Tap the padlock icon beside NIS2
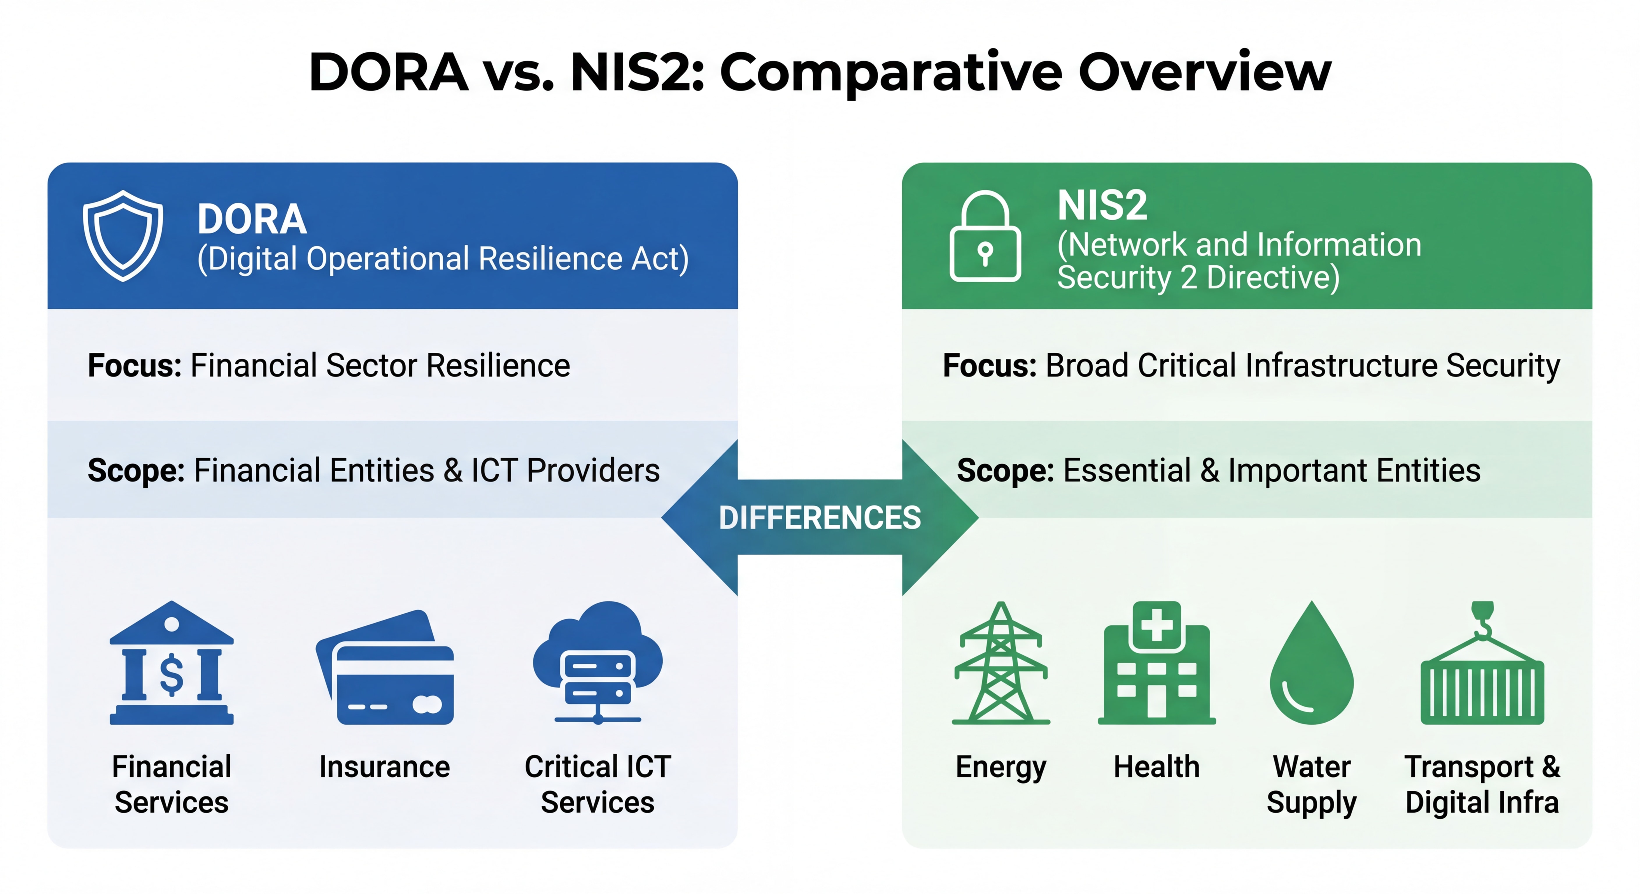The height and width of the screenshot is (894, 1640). (985, 237)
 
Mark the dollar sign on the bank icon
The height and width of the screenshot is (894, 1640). (171, 675)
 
